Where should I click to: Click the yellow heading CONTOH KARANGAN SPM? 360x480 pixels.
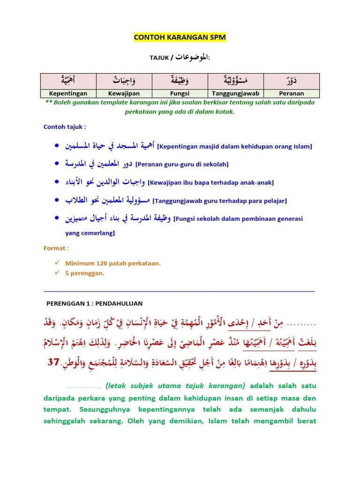[180, 37]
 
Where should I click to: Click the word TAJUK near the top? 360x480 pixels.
[159, 58]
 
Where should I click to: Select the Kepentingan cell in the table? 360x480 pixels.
[68, 93]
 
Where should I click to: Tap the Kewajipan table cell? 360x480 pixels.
[124, 93]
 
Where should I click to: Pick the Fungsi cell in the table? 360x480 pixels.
[180, 93]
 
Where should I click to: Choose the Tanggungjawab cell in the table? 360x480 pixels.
[236, 93]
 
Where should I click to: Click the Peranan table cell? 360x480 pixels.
[292, 93]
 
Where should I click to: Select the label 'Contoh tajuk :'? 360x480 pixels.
[65, 127]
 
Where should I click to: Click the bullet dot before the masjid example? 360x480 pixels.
[57, 146]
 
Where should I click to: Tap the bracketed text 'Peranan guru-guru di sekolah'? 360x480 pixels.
[182, 165]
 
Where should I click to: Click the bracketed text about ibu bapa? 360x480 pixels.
[210, 182]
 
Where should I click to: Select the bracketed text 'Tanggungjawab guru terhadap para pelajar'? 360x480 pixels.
[220, 201]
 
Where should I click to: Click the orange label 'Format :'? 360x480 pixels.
[56, 248]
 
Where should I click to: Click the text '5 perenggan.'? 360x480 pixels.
[85, 273]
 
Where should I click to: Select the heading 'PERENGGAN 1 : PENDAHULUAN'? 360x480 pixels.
[94, 304]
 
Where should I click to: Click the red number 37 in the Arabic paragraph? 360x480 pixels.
[54, 362]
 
